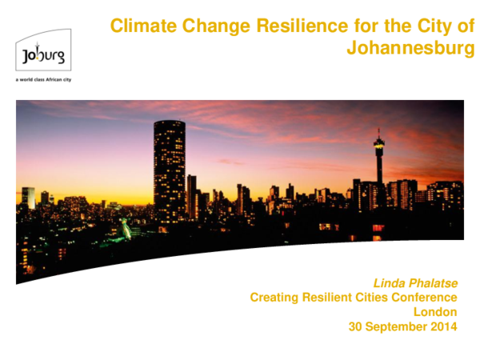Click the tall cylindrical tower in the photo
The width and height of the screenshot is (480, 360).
(x=169, y=168)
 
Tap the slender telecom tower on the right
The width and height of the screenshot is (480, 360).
(x=378, y=172)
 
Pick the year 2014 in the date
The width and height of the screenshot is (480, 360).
(x=442, y=326)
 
